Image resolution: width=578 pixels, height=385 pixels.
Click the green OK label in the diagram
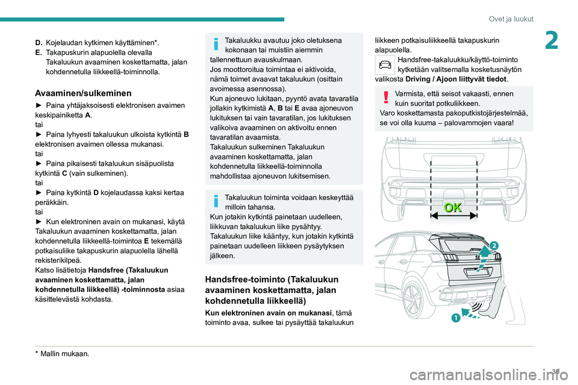pos(453,208)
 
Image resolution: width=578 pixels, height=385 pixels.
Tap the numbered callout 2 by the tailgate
pos(493,245)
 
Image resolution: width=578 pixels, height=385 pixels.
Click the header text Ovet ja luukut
pos(511,19)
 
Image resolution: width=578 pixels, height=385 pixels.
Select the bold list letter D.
pos(39,42)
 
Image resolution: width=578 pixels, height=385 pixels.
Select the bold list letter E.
pos(39,52)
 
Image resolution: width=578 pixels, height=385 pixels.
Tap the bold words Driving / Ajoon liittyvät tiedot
pos(456,79)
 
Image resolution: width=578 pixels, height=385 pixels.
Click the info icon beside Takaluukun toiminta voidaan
pos(215,202)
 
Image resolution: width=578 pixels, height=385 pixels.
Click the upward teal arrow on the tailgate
pos(482,256)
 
